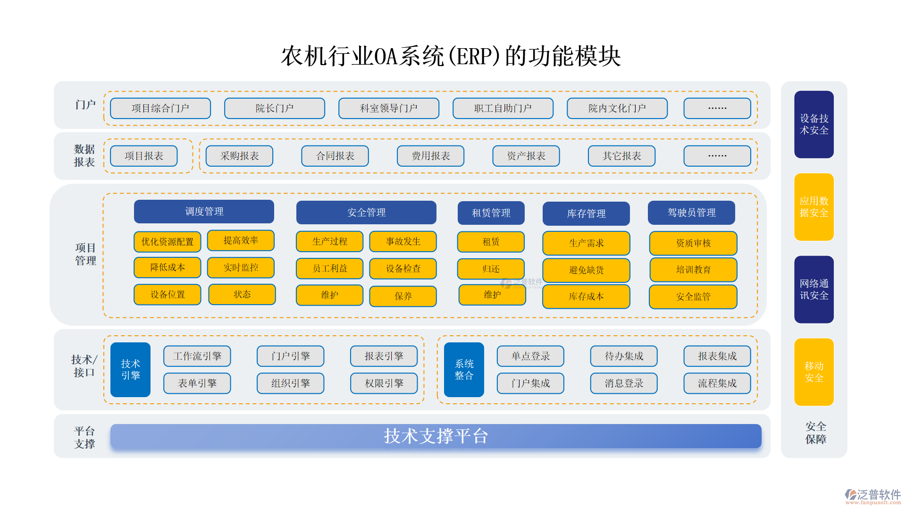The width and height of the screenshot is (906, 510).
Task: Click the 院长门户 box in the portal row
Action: coord(274,108)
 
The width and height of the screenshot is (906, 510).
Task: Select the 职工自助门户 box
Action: coord(503,108)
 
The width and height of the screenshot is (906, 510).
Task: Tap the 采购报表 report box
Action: coord(240,156)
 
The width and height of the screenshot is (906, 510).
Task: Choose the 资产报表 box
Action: coord(526,156)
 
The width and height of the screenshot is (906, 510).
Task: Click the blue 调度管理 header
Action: coord(204,212)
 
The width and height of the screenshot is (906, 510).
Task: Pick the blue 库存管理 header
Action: coord(586,213)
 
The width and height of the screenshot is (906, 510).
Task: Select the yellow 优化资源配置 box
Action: coord(168,242)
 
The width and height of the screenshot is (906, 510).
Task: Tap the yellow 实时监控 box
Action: coord(241,267)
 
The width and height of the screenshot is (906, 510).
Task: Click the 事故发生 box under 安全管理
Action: coord(403,241)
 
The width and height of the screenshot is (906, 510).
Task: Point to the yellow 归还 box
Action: coord(491,269)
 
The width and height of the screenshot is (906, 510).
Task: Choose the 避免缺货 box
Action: coord(586,270)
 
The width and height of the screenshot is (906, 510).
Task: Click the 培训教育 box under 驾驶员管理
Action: coord(693,270)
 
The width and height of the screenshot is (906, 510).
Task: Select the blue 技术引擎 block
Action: coord(130,369)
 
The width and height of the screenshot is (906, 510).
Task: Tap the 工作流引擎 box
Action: coord(197,356)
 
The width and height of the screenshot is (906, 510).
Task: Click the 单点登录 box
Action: coord(530,356)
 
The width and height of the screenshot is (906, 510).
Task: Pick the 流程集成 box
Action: coord(717,383)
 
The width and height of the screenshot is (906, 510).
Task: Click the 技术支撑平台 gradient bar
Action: coord(436,436)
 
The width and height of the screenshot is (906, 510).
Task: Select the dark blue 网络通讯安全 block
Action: coord(814,289)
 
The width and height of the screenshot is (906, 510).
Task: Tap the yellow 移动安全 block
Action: coord(814,372)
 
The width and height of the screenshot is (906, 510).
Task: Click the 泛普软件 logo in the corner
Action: coord(872,496)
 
